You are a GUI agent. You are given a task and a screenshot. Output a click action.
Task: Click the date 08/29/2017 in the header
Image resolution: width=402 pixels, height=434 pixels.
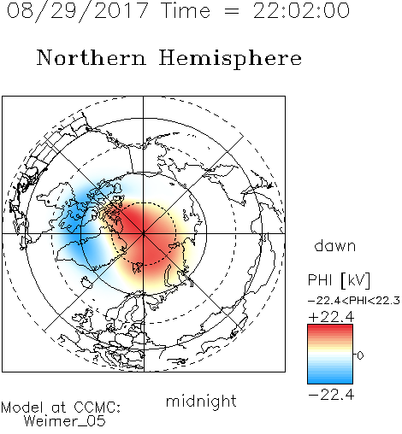click(x=78, y=11)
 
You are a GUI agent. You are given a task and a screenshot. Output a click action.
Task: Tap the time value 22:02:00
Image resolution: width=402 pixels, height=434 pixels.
click(x=301, y=10)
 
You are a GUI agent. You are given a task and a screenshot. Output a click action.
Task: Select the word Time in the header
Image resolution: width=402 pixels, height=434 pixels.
click(x=186, y=10)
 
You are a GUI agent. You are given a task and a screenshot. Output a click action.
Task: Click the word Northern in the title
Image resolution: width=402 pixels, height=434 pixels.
click(x=92, y=57)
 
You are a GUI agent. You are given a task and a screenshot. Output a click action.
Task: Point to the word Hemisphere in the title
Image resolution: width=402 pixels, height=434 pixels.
click(x=230, y=59)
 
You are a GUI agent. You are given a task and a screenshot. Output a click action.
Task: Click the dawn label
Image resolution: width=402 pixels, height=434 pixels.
click(x=335, y=245)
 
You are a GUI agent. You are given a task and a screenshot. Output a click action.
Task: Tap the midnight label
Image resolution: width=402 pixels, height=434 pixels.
click(x=201, y=401)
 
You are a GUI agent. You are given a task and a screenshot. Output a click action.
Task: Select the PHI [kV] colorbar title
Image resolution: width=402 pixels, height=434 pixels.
click(x=339, y=280)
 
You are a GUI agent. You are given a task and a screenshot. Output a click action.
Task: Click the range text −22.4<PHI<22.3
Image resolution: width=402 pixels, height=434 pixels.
click(x=354, y=301)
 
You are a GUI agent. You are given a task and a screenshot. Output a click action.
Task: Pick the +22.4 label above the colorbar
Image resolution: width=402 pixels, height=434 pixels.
click(x=331, y=317)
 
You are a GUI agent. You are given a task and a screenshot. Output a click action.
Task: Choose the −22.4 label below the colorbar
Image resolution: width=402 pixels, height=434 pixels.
click(x=331, y=395)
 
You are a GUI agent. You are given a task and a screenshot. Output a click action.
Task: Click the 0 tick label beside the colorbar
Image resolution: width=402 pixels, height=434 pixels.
click(x=360, y=355)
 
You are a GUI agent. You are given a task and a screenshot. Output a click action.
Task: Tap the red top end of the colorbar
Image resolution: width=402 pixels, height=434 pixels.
click(x=330, y=328)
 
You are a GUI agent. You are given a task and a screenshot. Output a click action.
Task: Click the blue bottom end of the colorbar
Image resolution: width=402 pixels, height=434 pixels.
click(x=330, y=380)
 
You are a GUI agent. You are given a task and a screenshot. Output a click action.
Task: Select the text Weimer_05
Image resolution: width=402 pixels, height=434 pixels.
click(x=65, y=421)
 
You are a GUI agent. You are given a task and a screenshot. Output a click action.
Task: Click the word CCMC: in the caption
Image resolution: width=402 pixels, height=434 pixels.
click(x=97, y=408)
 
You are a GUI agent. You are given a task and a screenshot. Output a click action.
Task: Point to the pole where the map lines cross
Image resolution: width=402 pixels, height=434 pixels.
click(x=144, y=233)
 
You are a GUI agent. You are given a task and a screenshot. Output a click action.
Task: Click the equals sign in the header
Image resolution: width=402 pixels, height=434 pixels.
click(x=232, y=11)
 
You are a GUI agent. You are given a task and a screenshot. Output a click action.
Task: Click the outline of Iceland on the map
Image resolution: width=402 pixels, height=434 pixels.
click(x=87, y=282)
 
